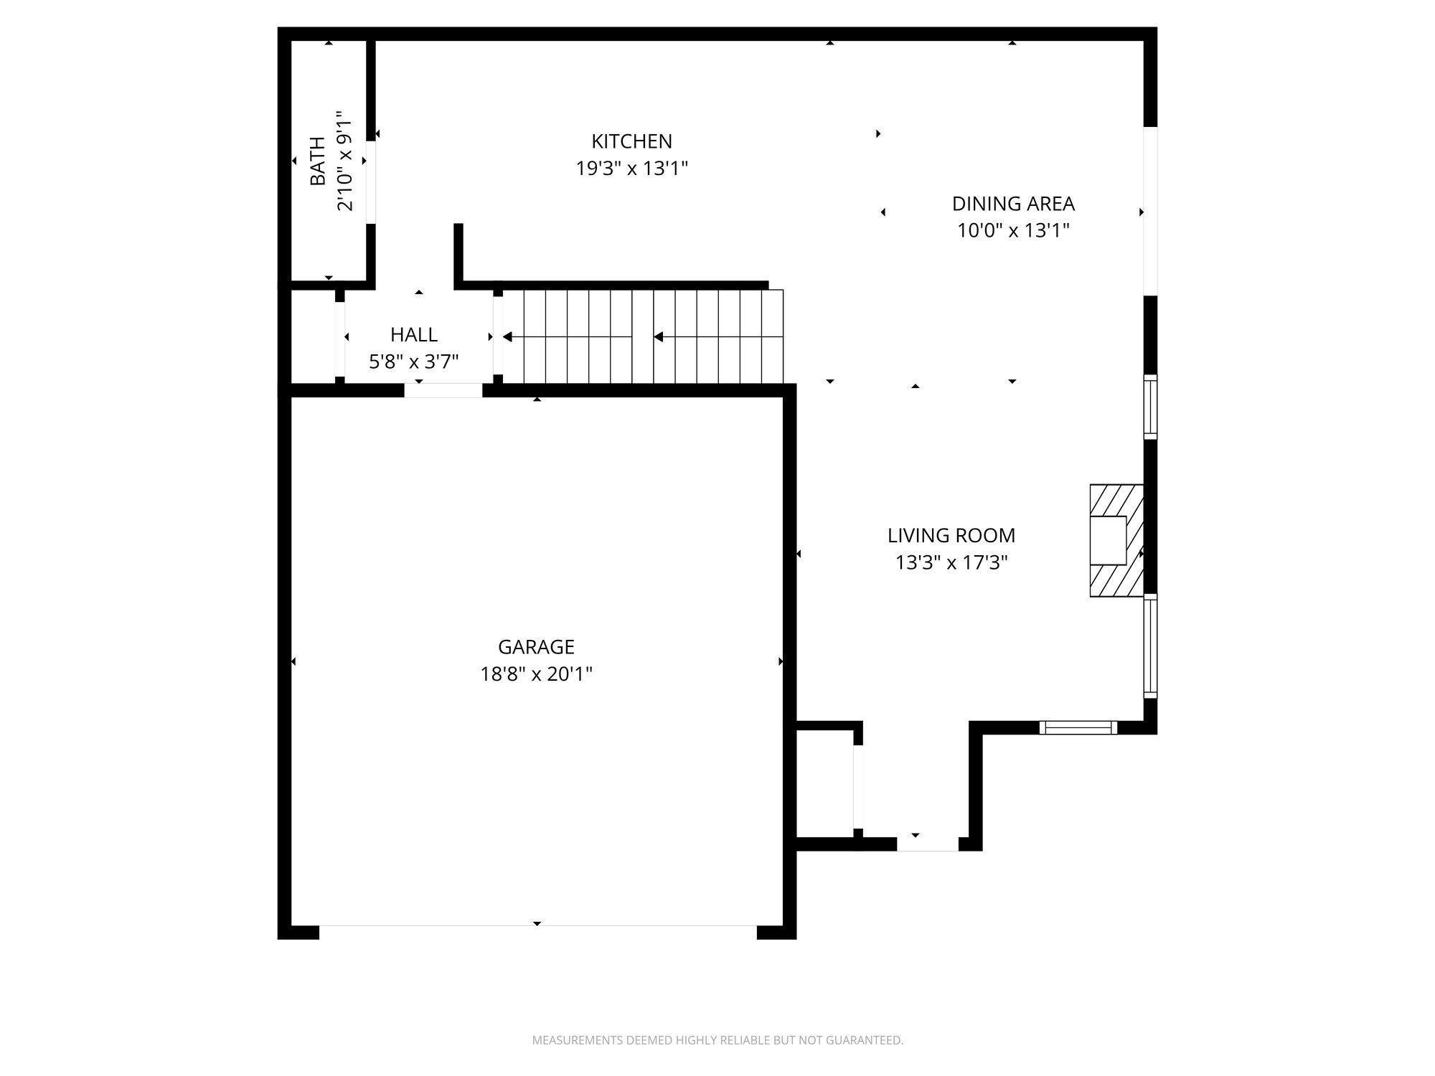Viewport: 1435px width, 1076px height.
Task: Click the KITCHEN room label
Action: click(x=631, y=141)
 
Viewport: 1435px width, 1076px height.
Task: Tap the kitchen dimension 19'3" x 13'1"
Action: click(x=632, y=169)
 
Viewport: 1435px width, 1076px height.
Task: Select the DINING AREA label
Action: click(x=1013, y=204)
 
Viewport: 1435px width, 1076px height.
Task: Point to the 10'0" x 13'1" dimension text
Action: click(x=1013, y=231)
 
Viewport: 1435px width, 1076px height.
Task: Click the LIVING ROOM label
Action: click(x=951, y=536)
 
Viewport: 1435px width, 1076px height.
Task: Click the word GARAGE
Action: click(x=536, y=647)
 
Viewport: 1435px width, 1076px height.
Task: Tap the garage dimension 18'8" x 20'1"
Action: click(x=536, y=674)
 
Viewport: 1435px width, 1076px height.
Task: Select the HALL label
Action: click(x=414, y=335)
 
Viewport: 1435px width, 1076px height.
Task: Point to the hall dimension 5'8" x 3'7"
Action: click(x=414, y=362)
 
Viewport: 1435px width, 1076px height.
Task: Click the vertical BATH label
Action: click(x=317, y=161)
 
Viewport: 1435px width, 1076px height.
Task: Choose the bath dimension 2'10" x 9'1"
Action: click(x=345, y=161)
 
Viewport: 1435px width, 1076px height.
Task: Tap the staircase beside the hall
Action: click(x=643, y=336)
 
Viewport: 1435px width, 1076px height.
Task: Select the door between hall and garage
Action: click(x=443, y=390)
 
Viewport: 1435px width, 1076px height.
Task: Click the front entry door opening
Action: click(x=928, y=844)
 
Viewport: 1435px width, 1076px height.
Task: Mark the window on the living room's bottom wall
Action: click(x=1078, y=727)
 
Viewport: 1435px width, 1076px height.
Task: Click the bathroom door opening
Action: click(x=371, y=182)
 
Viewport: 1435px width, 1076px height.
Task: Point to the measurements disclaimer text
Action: click(x=717, y=1040)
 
